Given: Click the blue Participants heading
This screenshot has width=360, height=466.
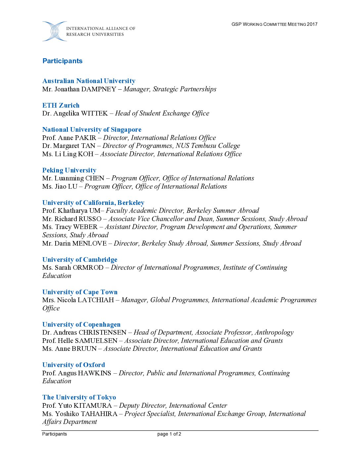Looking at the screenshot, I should pos(62,61).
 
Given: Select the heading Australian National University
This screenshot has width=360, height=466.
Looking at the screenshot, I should pos(89,81).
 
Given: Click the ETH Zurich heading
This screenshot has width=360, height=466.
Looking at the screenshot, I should pos(61,105).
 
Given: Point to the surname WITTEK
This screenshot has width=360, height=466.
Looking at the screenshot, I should pos(94,113).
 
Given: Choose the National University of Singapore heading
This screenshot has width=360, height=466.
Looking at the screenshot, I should pos(92,129).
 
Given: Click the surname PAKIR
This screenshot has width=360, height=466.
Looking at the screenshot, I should pos(85,138).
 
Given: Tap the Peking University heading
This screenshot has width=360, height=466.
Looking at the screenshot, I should pos(69,170).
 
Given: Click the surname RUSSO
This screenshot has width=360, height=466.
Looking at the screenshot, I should pos(90,219).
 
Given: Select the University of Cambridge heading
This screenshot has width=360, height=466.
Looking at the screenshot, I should pos(80,259).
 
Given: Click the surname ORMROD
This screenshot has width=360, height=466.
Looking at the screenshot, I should pos(88,267).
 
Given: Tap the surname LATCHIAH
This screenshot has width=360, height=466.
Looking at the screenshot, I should pos(96,300).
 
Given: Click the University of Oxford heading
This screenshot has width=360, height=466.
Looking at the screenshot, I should pos(73,365).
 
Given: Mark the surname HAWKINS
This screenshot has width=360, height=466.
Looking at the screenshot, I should pos(94,373).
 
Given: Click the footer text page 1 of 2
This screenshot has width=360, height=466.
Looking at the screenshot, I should pos(169,434).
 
